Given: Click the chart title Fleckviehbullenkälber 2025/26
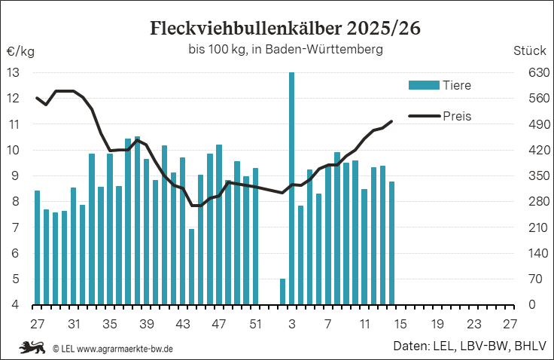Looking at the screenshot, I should pyautogui.click(x=285, y=29).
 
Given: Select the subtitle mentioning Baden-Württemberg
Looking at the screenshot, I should pyautogui.click(x=285, y=50).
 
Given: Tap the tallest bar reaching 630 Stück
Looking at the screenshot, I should pyautogui.click(x=291, y=188).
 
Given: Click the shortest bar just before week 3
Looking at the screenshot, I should pyautogui.click(x=282, y=291).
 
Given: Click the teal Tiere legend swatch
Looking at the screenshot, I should pyautogui.click(x=423, y=85).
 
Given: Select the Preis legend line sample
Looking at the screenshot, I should pyautogui.click(x=423, y=116).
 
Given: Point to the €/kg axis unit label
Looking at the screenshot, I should pyautogui.click(x=20, y=51).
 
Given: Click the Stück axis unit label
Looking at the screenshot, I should pyautogui.click(x=529, y=51).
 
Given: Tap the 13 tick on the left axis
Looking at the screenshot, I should pyautogui.click(x=13, y=73).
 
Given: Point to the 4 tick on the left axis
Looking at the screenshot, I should pyautogui.click(x=13, y=305).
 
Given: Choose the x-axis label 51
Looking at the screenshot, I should pyautogui.click(x=255, y=325).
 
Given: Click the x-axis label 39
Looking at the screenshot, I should pyautogui.click(x=146, y=325).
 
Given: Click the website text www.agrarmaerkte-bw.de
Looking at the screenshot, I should pyautogui.click(x=125, y=348).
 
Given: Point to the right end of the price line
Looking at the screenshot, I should pyautogui.click(x=391, y=121).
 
